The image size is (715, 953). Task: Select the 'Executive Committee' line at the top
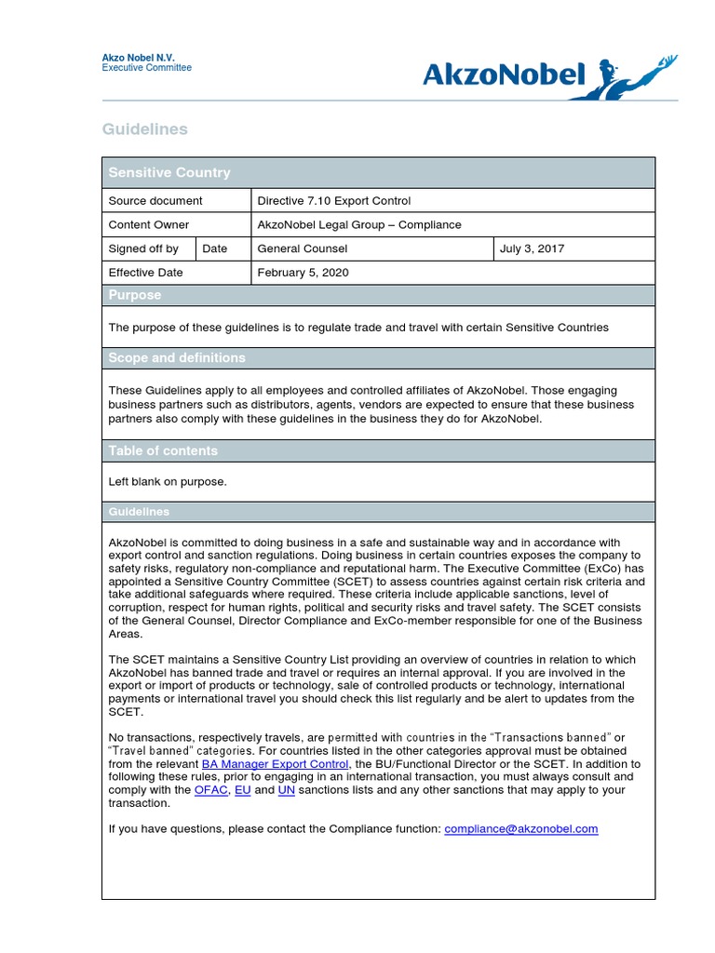[146, 68]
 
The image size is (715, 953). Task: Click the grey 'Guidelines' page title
[144, 129]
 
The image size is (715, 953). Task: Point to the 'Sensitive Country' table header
[169, 172]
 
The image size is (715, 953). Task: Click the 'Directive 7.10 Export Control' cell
[333, 200]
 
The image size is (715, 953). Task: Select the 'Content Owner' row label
[149, 224]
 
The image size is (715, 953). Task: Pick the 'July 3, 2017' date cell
[532, 248]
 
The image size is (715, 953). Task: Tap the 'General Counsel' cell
[303, 248]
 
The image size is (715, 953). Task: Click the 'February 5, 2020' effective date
[303, 273]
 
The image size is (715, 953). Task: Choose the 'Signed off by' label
[143, 248]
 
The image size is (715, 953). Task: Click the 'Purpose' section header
[135, 295]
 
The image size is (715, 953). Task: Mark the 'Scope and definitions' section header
[177, 358]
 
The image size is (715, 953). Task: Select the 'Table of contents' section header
[163, 450]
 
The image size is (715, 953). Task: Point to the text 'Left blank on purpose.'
[168, 481]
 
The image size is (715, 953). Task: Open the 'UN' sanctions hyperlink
[287, 790]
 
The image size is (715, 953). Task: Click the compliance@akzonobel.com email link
[521, 828]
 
